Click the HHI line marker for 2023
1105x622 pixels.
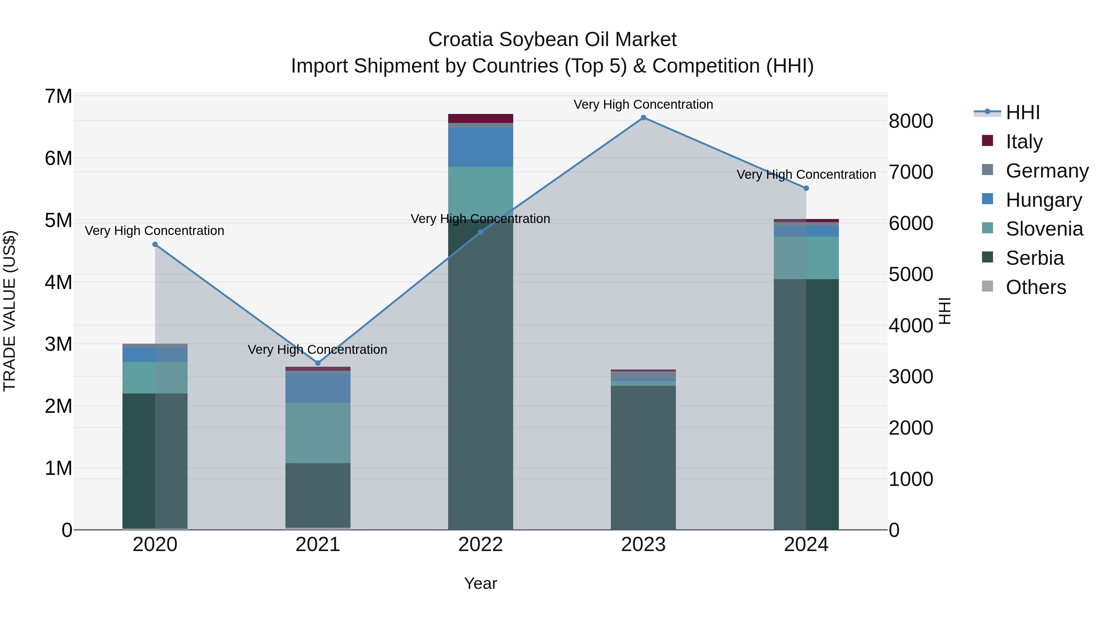point(643,118)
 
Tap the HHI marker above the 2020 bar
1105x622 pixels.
point(155,245)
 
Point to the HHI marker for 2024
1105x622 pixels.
point(806,188)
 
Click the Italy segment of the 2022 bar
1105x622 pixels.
point(480,119)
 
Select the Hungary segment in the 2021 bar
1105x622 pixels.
point(318,388)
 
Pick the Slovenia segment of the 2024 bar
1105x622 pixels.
point(806,258)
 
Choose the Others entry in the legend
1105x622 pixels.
point(1036,287)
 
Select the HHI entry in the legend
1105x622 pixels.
point(1023,112)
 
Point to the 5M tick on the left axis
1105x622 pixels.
point(59,221)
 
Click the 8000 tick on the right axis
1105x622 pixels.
point(911,121)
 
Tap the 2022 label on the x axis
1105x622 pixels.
point(480,545)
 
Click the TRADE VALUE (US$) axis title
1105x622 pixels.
point(10,311)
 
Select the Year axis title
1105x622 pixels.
point(480,583)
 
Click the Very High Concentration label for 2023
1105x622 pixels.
point(643,104)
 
